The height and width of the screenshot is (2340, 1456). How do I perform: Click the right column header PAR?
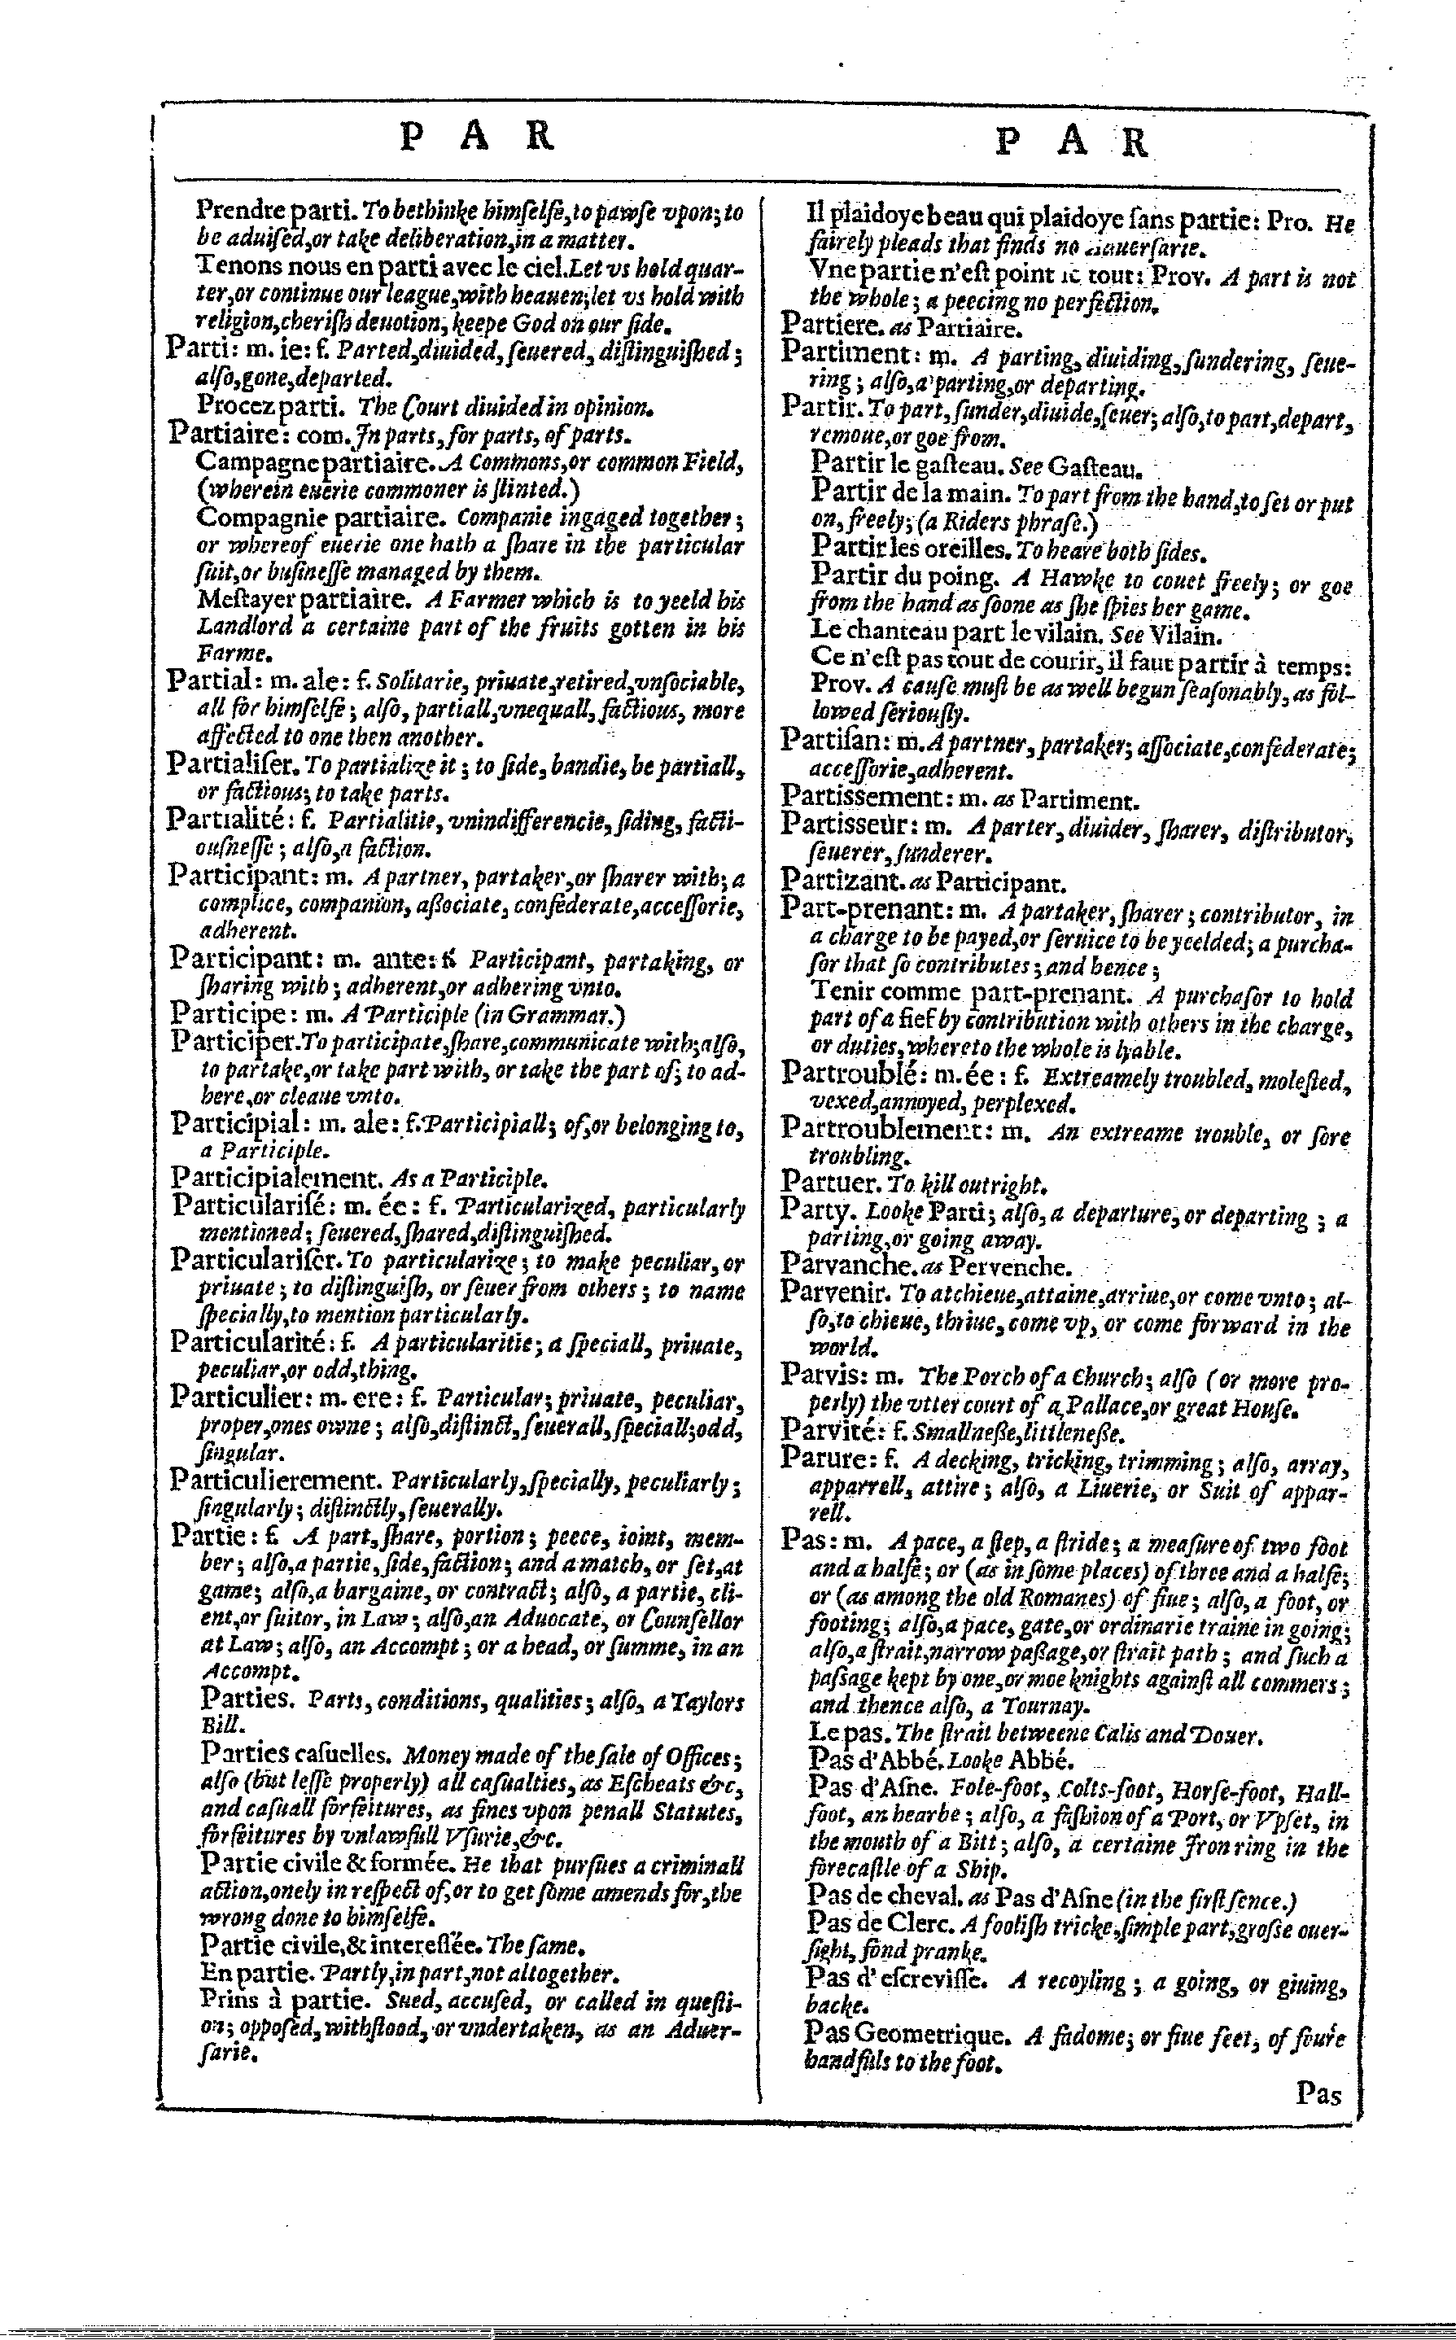click(x=1072, y=142)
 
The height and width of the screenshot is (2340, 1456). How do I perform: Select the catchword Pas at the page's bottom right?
click(x=1318, y=2093)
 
